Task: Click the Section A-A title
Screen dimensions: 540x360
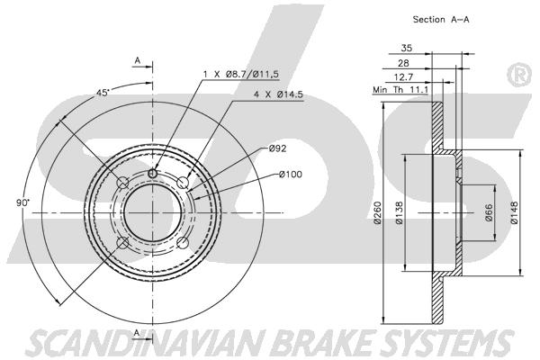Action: coord(441,19)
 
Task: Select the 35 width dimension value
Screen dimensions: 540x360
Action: coord(407,48)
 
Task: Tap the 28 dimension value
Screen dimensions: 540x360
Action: coord(403,63)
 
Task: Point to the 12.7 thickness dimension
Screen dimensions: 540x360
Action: coord(403,76)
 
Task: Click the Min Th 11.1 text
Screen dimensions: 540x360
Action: coord(400,90)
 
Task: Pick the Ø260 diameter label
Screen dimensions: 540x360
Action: coord(377,212)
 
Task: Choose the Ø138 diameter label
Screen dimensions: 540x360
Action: coord(400,212)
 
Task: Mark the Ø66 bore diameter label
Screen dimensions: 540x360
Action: coord(489,212)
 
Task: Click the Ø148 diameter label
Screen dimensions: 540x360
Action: coord(514,212)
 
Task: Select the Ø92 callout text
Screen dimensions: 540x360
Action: coord(277,148)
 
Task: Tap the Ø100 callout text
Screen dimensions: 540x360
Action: coord(291,175)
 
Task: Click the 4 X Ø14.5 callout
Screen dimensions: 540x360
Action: coord(278,94)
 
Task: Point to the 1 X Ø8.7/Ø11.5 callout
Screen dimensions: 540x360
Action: coord(240,74)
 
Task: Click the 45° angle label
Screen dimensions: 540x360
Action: coord(103,93)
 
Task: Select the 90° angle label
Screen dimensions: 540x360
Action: coord(23,202)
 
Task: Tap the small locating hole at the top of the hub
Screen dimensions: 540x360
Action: coord(153,174)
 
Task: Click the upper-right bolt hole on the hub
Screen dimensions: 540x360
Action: coord(183,183)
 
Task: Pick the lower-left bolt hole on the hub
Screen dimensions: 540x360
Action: coord(123,243)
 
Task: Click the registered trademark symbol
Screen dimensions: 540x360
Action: coord(519,75)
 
